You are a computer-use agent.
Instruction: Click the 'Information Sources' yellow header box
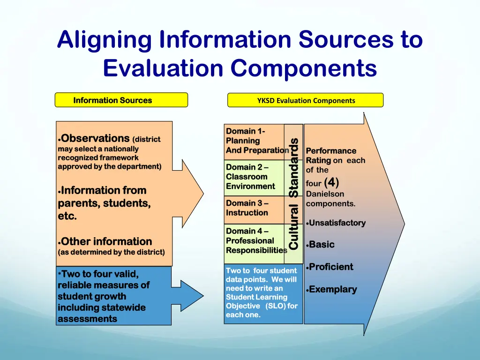pos(121,100)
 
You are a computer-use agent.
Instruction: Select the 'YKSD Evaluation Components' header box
pos(305,100)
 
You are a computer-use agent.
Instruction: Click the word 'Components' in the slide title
pos(303,68)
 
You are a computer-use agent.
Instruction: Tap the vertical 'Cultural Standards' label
pos(294,194)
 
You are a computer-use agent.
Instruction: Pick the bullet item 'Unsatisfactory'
pos(337,223)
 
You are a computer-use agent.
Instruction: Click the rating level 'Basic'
pos(322,245)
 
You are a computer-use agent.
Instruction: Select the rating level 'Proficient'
pos(331,267)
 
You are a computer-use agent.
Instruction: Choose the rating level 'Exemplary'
pos(333,290)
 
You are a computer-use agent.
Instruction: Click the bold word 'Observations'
pos(95,138)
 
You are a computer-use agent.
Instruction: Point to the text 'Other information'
pos(106,242)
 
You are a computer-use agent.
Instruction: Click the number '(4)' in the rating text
pos(331,182)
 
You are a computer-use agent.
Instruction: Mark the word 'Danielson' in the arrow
pos(325,194)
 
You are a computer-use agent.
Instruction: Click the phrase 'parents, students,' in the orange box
pos(104,203)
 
